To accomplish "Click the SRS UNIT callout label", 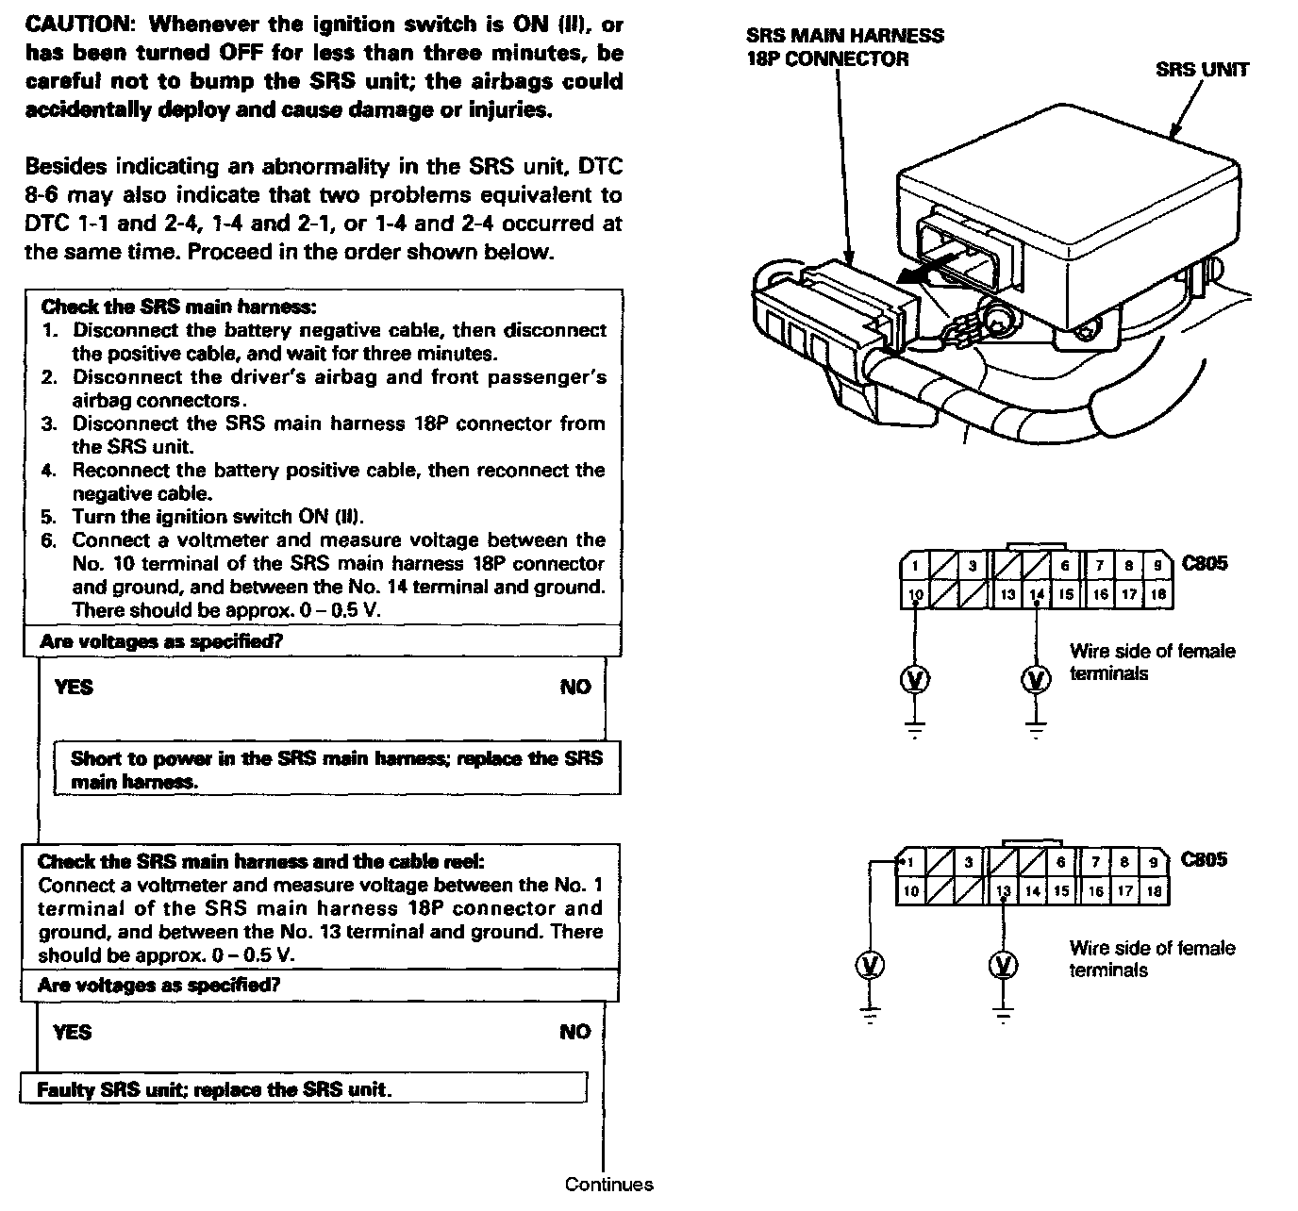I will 1202,70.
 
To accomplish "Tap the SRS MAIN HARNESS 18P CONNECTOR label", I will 843,47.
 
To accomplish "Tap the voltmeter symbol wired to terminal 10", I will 915,679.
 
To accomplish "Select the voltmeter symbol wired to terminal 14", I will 1036,679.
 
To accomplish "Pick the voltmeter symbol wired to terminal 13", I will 1004,965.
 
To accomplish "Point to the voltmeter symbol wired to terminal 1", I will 871,965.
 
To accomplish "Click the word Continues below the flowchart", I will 608,1185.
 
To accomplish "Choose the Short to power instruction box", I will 337,770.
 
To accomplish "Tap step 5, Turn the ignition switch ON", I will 217,517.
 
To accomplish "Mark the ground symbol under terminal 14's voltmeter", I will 1036,727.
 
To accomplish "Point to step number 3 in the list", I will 49,423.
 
